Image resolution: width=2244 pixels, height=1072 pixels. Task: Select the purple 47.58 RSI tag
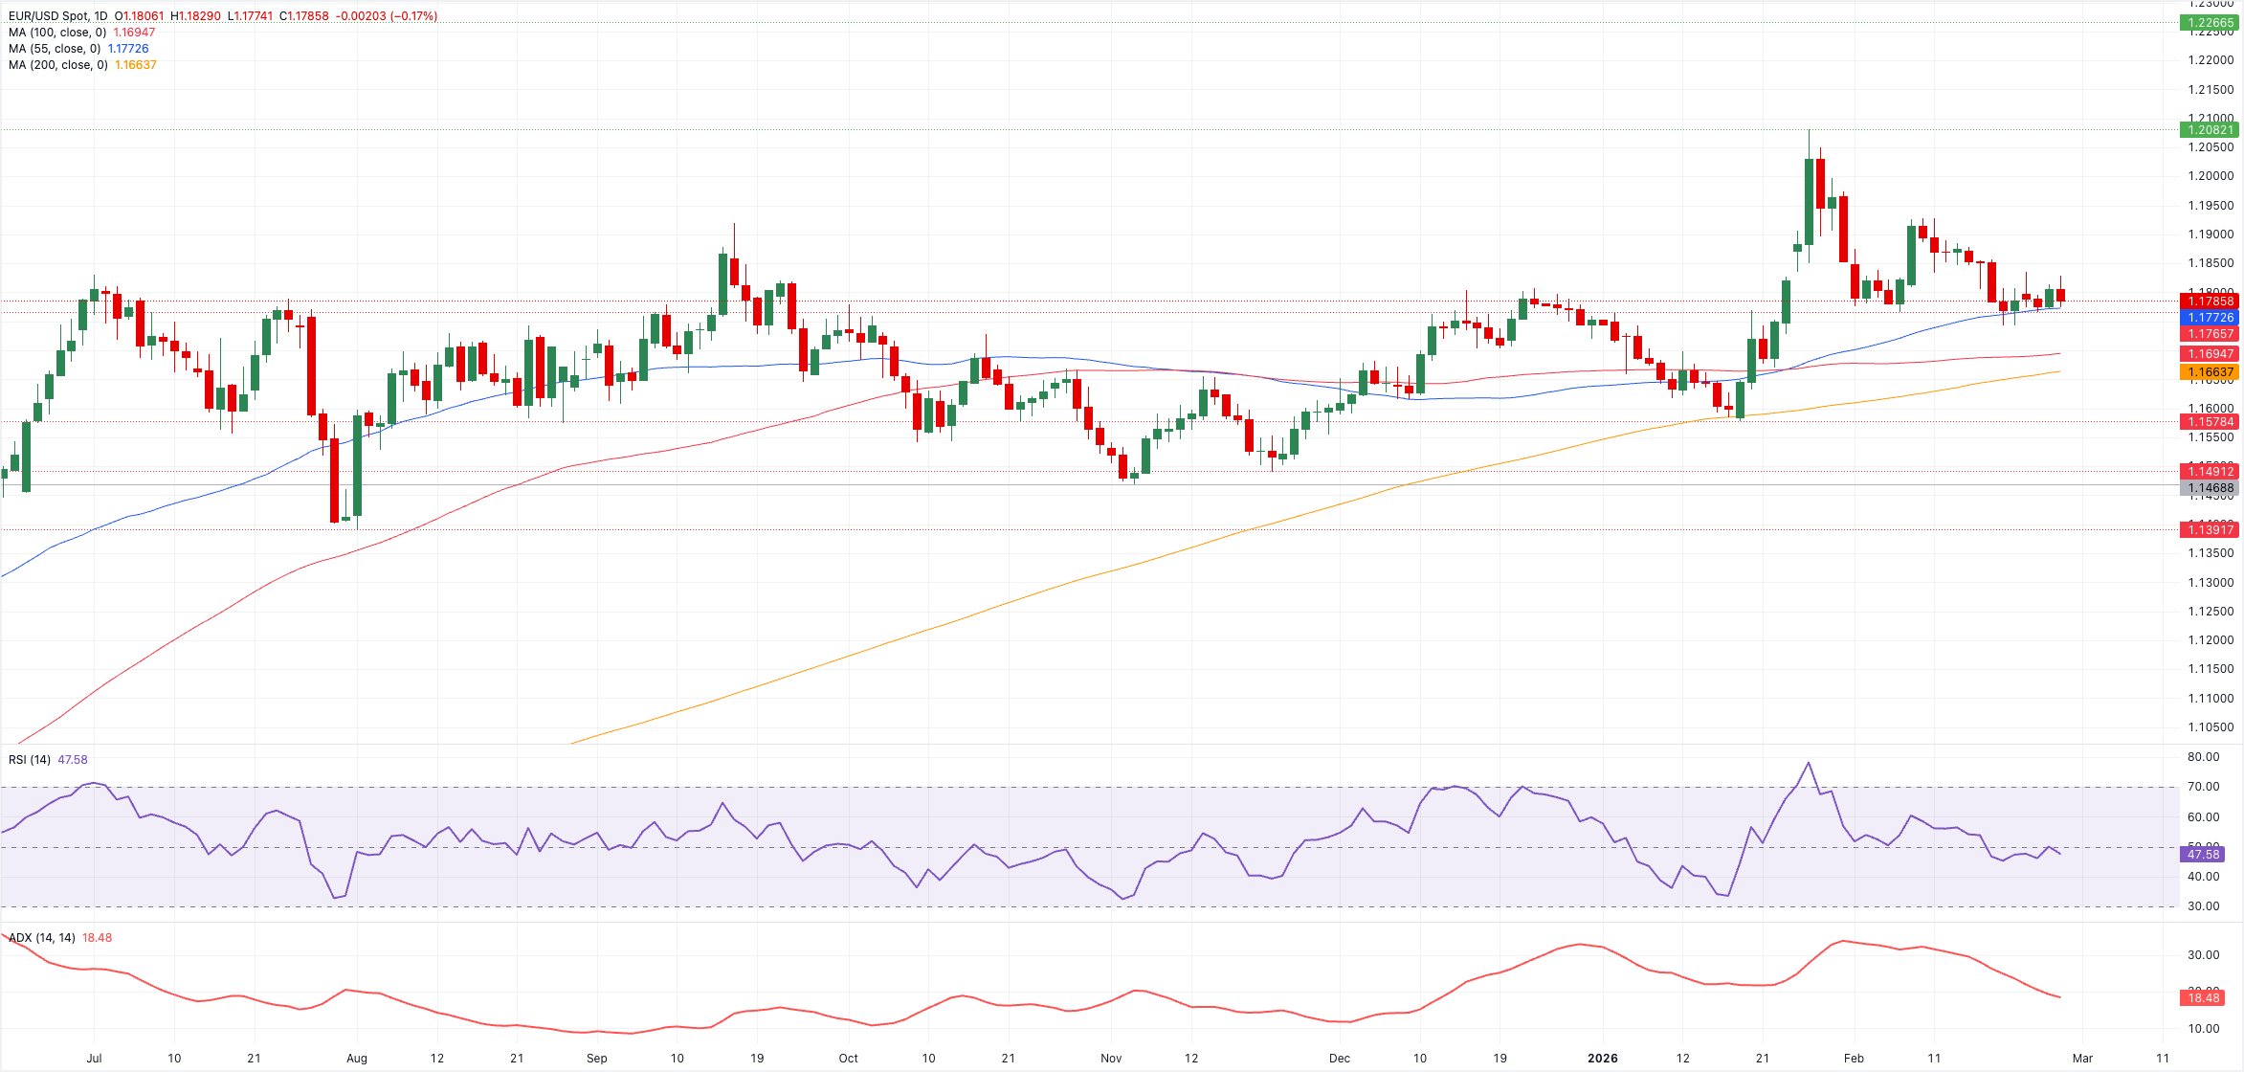pos(2203,855)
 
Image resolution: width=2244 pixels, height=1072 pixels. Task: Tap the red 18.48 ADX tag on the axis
pos(2203,998)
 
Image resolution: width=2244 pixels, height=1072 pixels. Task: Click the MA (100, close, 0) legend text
pos(57,33)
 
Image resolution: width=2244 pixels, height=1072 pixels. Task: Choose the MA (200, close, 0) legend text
pos(57,65)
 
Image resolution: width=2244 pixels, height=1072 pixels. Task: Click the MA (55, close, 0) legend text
pos(55,49)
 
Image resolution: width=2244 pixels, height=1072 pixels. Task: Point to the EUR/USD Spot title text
pos(58,16)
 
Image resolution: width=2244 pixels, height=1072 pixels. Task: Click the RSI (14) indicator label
pos(30,760)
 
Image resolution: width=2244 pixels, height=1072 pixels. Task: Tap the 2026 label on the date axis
pos(1602,1059)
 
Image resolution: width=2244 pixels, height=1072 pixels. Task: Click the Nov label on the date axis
pos(1110,1059)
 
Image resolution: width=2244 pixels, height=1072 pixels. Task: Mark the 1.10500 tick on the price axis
pos(2211,727)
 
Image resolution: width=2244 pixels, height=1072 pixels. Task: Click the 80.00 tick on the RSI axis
pos(2203,757)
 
